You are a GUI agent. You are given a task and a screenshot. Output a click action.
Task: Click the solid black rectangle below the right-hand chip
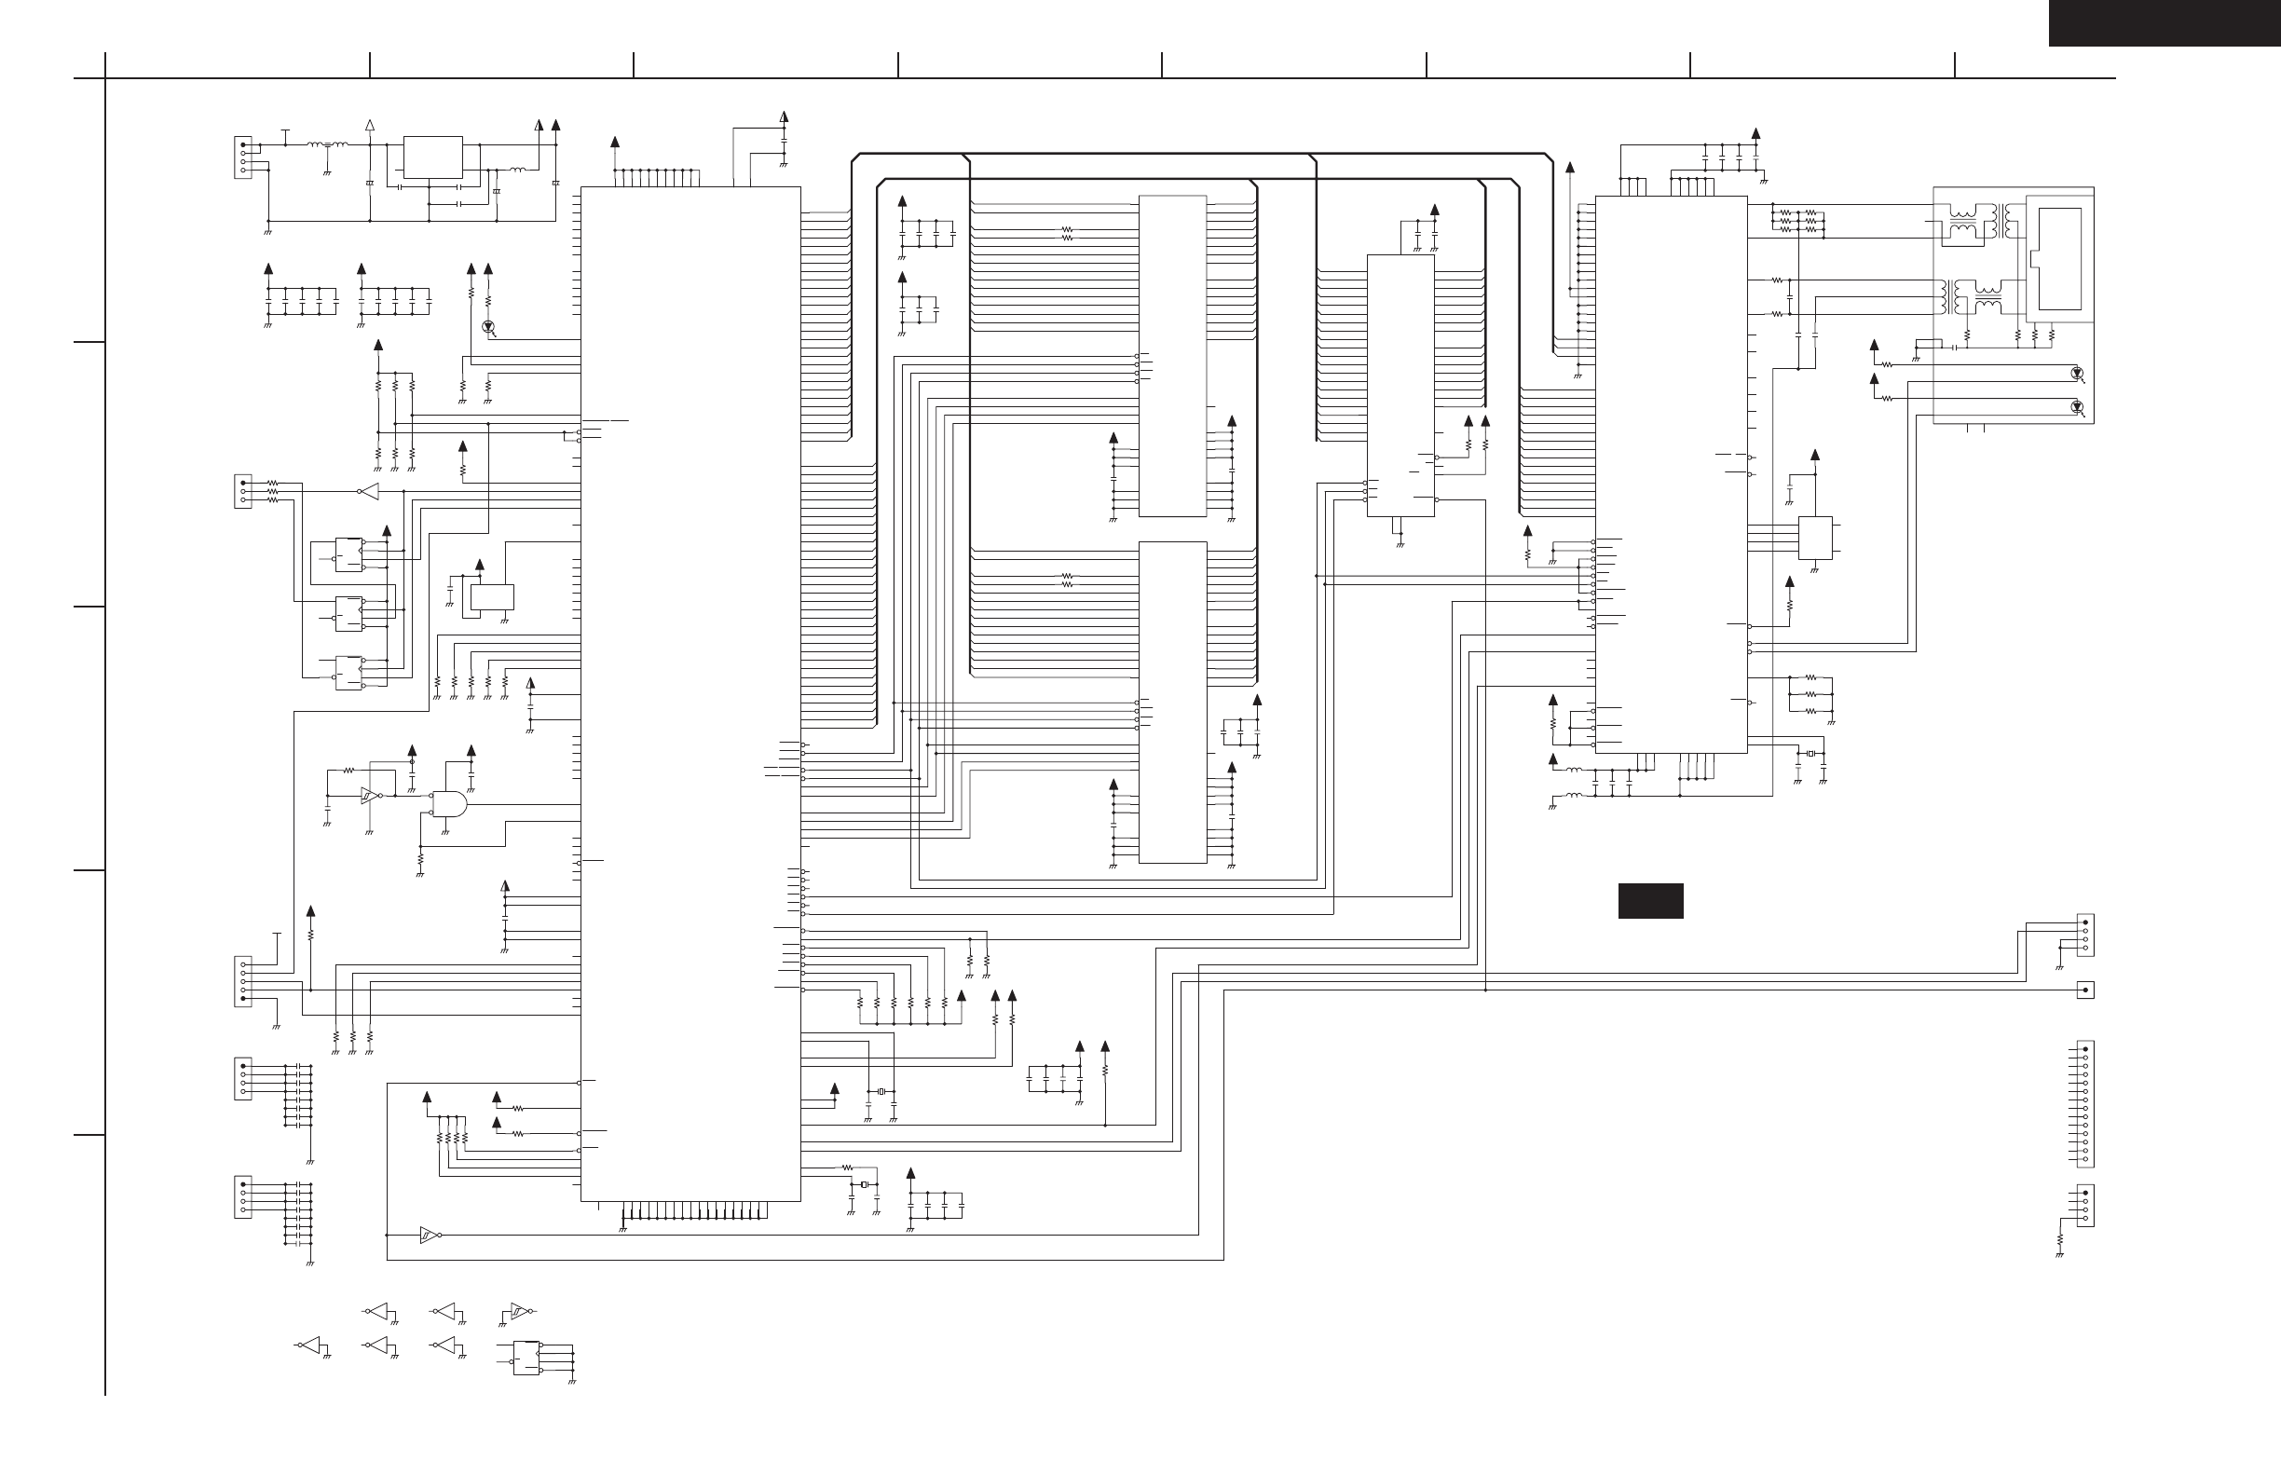tap(1650, 900)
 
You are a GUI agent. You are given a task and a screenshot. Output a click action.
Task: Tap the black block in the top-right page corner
tap(2165, 23)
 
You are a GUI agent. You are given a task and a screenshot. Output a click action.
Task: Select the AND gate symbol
tap(448, 803)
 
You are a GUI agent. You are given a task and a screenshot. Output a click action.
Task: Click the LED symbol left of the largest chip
tap(488, 327)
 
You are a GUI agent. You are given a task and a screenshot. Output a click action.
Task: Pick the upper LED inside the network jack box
tap(2076, 373)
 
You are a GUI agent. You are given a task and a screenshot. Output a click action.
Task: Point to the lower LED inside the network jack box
tap(2076, 407)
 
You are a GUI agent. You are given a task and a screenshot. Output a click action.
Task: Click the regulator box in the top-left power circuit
tap(433, 157)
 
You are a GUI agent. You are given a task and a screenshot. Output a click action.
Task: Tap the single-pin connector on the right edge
tap(2084, 990)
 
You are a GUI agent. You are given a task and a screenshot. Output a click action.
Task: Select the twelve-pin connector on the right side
tap(2084, 1103)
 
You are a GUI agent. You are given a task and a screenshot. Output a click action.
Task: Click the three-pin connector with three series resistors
tap(243, 491)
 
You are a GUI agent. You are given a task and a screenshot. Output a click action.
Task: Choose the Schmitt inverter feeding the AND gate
tap(369, 795)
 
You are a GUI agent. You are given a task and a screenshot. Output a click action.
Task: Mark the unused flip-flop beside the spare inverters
tap(526, 1358)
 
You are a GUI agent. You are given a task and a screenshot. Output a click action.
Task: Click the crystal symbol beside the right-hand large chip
tap(1810, 754)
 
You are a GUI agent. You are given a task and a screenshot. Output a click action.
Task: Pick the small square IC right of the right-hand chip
tap(1815, 538)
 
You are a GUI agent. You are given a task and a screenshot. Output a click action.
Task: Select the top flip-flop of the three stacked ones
tap(348, 554)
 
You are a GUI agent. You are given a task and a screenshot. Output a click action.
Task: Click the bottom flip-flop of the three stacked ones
tap(348, 674)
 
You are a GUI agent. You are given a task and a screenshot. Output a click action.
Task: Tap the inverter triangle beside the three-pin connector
tap(369, 491)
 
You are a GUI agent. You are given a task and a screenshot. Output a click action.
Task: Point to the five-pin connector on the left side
tap(243, 981)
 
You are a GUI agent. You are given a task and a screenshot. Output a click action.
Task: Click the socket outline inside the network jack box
tap(2059, 259)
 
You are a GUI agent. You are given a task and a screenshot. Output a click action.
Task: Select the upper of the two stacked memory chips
tap(1172, 356)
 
